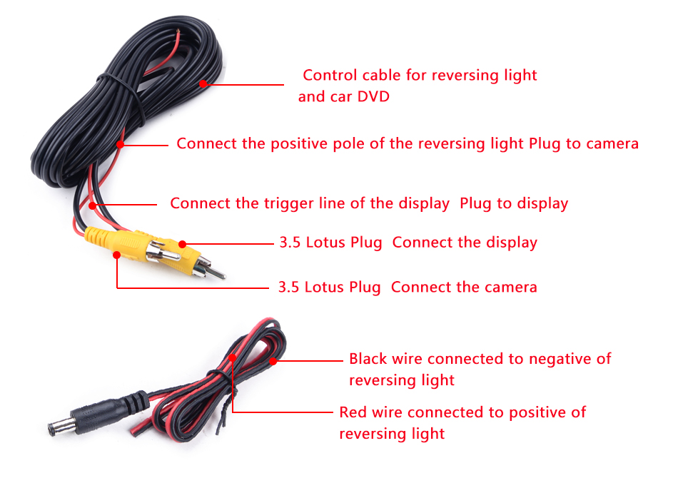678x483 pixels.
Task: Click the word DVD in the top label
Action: (373, 96)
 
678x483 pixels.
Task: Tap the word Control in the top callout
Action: (330, 75)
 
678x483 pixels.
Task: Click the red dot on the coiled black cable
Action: (203, 84)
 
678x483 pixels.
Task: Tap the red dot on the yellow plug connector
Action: (183, 244)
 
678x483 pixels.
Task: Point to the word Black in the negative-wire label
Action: (368, 358)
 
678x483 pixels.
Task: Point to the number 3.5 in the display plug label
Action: (290, 243)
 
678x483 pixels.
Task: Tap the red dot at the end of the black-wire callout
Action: (273, 360)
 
